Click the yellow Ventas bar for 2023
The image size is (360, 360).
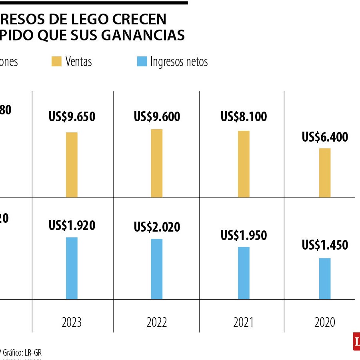[72, 165]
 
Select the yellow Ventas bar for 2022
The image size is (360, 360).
[157, 163]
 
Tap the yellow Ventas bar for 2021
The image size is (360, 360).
[244, 164]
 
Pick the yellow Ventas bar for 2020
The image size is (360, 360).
[325, 173]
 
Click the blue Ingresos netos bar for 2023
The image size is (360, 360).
[72, 268]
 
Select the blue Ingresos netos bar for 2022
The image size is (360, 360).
[157, 269]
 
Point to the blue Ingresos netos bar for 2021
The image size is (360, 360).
[244, 273]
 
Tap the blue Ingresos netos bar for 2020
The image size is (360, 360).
[325, 278]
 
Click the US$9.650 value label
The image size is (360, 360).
[72, 117]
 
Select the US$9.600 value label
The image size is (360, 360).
[157, 117]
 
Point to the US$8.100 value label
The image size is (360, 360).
[244, 117]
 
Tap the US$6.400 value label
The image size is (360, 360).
[325, 137]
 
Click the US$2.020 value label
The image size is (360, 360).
[157, 227]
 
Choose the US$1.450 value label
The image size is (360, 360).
[325, 245]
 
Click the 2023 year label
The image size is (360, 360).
[72, 322]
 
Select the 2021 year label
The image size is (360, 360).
[244, 322]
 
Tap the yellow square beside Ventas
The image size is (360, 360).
[56, 62]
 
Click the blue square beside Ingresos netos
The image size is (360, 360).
[142, 62]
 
